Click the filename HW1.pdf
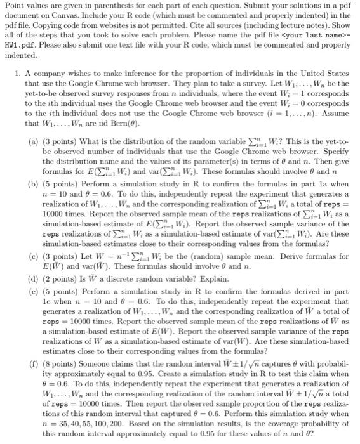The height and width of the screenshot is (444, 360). click(x=23, y=36)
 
